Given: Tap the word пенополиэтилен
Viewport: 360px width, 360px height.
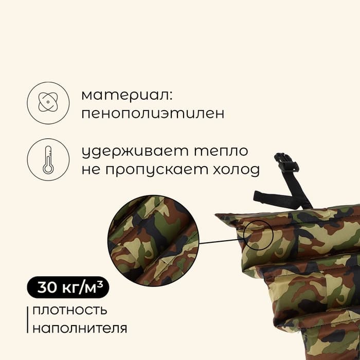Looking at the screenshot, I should [153, 114].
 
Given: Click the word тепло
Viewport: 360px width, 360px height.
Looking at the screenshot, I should [221, 152].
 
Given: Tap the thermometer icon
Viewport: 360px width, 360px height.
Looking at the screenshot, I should [48, 159].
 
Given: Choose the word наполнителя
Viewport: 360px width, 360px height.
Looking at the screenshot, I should [79, 328].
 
